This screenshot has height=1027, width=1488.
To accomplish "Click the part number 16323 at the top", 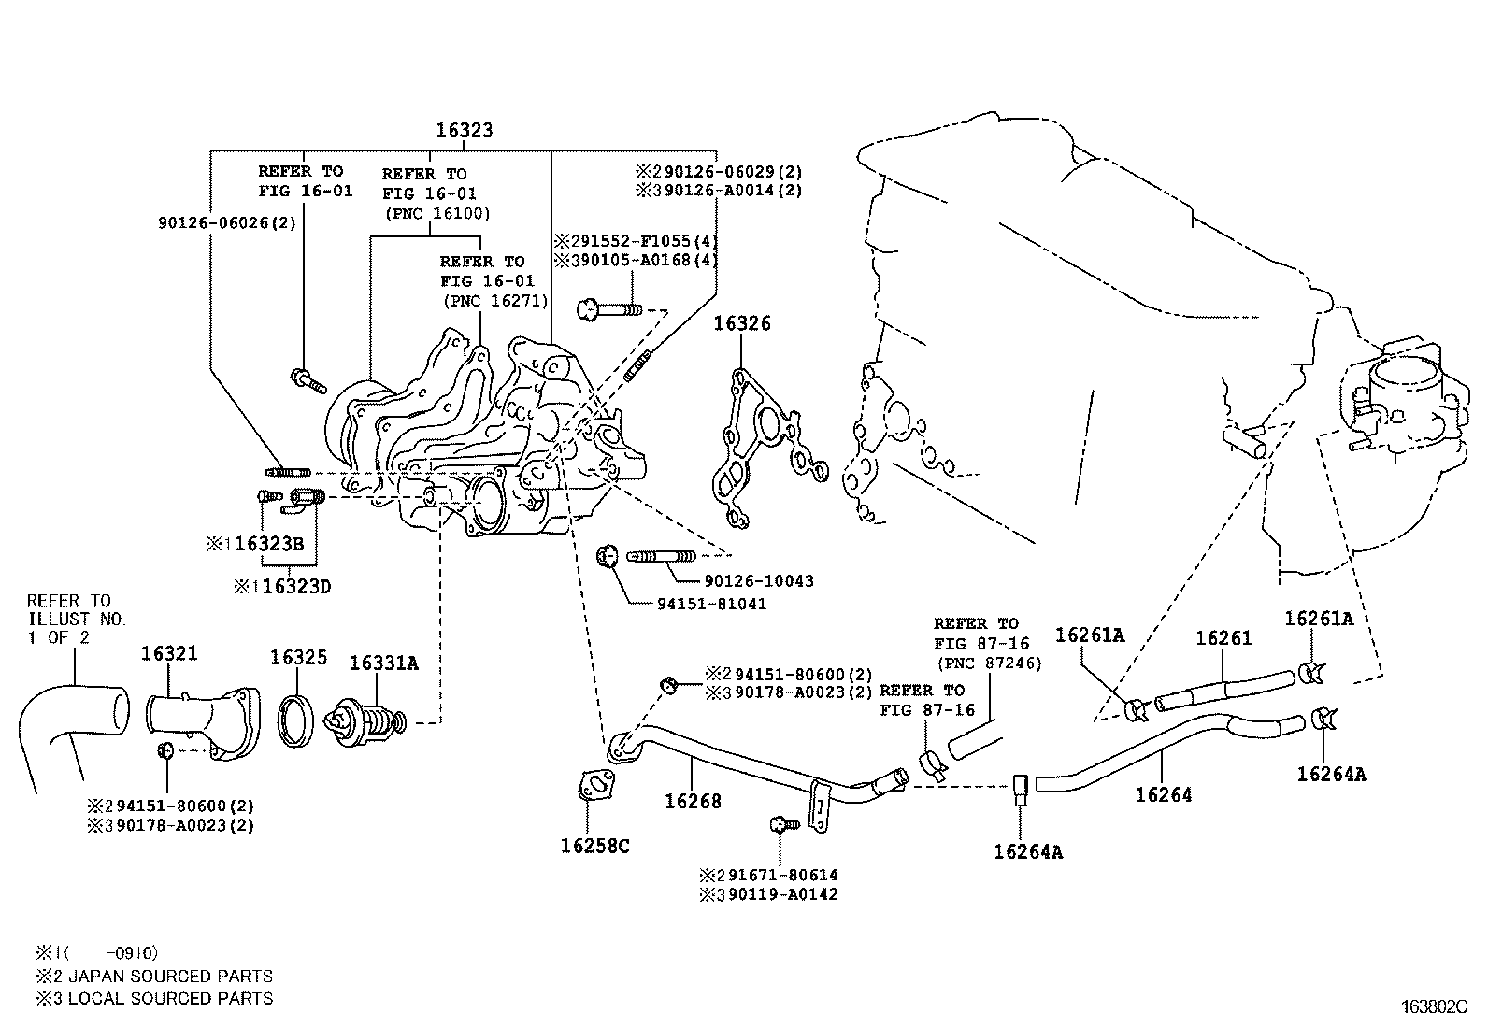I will pos(464,131).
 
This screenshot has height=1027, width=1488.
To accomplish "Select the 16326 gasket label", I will pos(742,324).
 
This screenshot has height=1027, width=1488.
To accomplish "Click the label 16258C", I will pos(594,846).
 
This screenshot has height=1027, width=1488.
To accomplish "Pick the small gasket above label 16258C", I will pos(594,786).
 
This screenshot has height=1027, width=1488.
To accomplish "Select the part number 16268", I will pos(693,801).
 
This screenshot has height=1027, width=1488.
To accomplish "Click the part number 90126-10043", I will pos(759,581).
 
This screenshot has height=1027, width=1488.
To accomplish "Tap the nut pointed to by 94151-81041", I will pos(607,558).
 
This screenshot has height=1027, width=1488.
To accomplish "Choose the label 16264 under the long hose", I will pos(1164,795).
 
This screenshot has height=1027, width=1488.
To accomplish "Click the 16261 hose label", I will pos(1223,638).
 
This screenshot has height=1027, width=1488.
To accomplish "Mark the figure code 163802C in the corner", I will pos(1434,1006).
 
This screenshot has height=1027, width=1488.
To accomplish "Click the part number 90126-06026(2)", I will pos(212,222).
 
